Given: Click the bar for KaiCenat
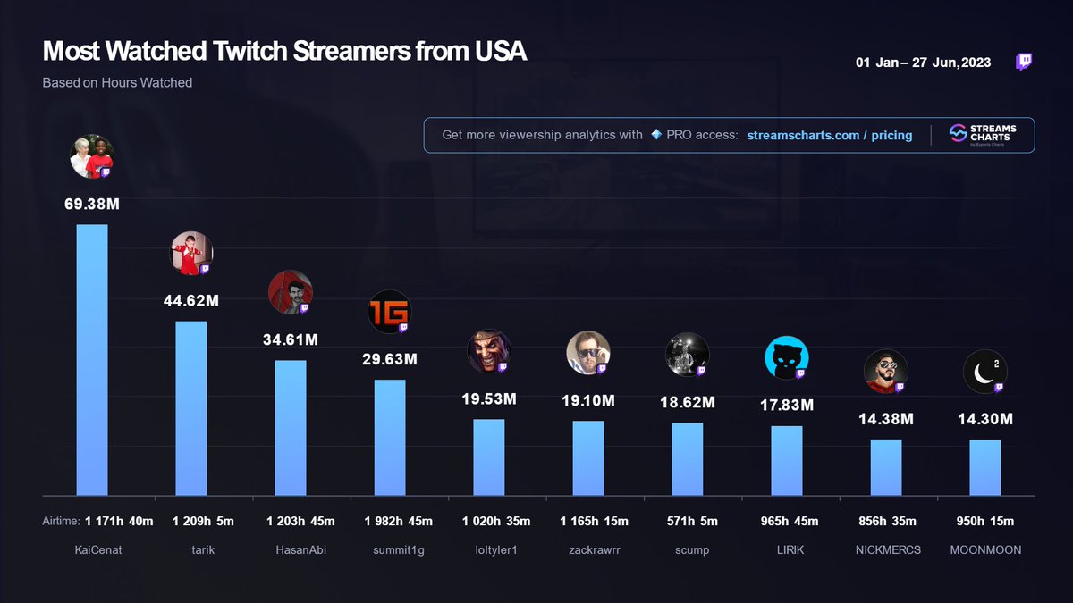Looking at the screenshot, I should click(x=92, y=359).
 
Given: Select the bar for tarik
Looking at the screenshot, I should click(x=191, y=407).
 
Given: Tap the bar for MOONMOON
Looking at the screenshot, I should click(x=985, y=467).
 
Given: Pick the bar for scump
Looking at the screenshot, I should click(x=688, y=458).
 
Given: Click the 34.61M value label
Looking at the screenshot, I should click(x=291, y=339).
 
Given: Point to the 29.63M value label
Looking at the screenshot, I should click(x=390, y=359).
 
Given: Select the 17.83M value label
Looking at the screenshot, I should click(x=787, y=406).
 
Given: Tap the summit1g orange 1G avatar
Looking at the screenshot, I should click(x=390, y=312).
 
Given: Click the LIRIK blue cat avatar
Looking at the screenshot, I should click(x=787, y=358).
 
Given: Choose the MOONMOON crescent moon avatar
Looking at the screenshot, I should click(x=984, y=372).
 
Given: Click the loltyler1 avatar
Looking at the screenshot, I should click(x=489, y=352).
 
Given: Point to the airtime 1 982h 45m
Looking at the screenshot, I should click(x=390, y=521).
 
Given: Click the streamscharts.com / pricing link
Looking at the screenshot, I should click(x=830, y=135).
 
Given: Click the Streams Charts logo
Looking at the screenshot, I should click(x=979, y=135).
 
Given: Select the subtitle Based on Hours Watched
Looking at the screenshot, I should click(x=117, y=82).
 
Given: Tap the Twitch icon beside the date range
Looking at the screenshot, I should click(x=1024, y=62).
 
